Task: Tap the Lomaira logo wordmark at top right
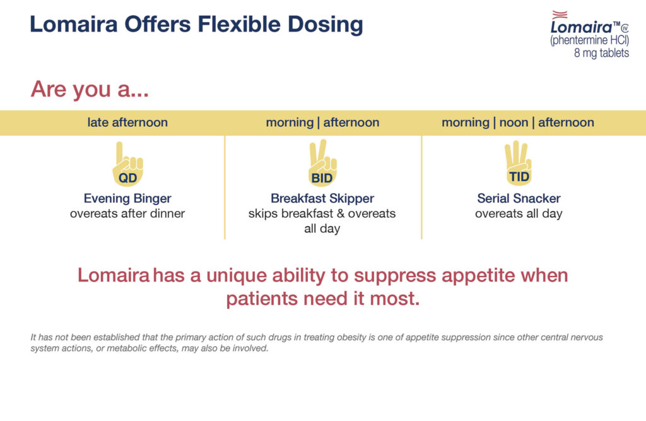[582, 27]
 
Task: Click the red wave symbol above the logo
[560, 15]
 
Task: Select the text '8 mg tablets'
[601, 53]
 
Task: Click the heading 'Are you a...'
[90, 88]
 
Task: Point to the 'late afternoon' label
[127, 122]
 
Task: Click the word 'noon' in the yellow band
[514, 122]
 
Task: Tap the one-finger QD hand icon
[127, 165]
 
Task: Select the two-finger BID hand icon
[322, 163]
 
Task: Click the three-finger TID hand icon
[519, 163]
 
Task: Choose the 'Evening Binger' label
[127, 199]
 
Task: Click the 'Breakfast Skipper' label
[322, 199]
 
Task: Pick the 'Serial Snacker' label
[519, 198]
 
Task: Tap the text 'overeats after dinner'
[127, 213]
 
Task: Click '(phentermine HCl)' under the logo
[590, 40]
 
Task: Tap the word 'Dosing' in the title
[325, 25]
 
